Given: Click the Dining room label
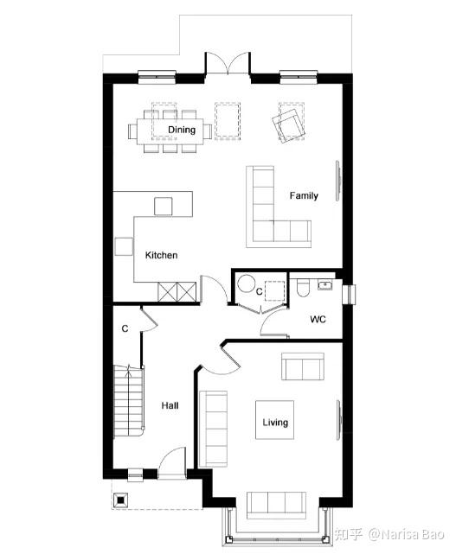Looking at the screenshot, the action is click(x=182, y=130).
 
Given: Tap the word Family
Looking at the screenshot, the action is click(x=304, y=195).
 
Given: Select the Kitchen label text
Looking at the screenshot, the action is click(x=161, y=255).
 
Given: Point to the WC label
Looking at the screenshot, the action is click(x=318, y=320).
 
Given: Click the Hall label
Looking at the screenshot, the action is click(x=170, y=405).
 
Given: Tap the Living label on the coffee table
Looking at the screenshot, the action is click(x=275, y=423).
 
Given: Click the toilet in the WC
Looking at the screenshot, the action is click(x=303, y=288).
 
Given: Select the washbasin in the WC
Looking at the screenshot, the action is click(x=324, y=284).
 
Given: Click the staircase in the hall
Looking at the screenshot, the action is click(x=129, y=402).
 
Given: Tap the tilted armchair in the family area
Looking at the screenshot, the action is click(x=289, y=126).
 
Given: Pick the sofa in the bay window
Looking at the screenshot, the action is click(x=276, y=506).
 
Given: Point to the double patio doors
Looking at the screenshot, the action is click(x=228, y=63).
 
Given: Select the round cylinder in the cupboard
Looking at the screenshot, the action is click(x=246, y=283).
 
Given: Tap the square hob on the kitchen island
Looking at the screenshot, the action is click(x=164, y=207).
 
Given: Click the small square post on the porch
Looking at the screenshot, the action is click(x=120, y=500).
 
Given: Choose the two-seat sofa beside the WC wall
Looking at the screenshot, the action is click(x=303, y=366).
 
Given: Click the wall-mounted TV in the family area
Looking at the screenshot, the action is click(x=338, y=181).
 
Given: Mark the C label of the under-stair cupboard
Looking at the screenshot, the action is click(x=125, y=329).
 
